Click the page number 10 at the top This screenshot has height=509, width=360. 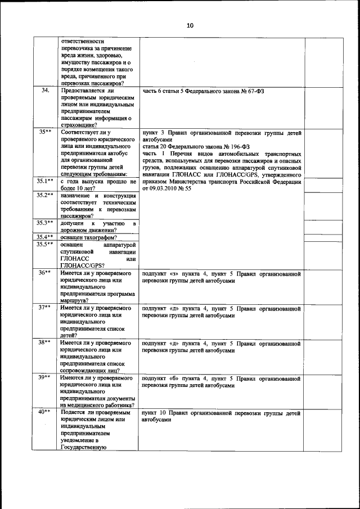click(190, 25)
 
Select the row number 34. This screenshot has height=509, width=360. click(46, 90)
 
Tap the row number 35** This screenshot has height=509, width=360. click(46, 132)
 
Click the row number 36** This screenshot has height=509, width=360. click(46, 272)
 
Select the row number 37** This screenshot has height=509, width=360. click(46, 308)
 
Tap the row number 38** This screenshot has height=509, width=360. click(46, 342)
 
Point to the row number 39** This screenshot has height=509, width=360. click(46, 378)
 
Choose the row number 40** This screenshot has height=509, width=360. click(46, 412)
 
